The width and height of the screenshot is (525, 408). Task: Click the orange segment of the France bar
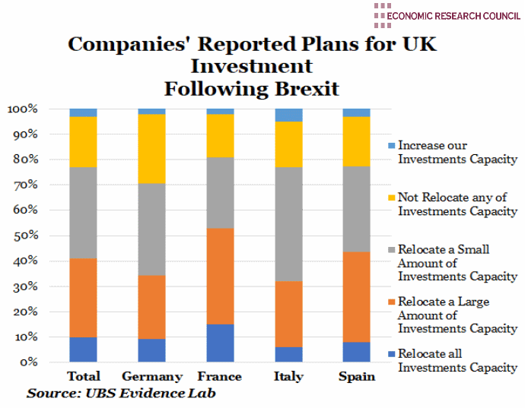point(220,277)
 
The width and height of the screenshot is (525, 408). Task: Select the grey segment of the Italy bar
point(288,224)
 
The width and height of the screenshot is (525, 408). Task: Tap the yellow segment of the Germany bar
point(151,149)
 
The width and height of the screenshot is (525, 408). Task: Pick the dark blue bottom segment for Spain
point(357,352)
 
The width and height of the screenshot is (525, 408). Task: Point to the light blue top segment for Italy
point(288,115)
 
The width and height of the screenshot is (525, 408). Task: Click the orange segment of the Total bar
point(83,297)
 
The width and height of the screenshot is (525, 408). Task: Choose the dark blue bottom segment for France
point(220,343)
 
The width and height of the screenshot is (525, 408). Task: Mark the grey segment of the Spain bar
point(357,209)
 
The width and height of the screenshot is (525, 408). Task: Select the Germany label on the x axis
point(152,376)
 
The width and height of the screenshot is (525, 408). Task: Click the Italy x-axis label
point(289,376)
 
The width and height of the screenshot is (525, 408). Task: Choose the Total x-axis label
point(84,376)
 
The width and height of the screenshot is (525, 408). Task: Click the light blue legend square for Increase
point(391,145)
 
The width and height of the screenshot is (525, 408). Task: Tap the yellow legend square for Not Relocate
point(391,198)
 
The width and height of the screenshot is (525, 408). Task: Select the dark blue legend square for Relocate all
point(391,354)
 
